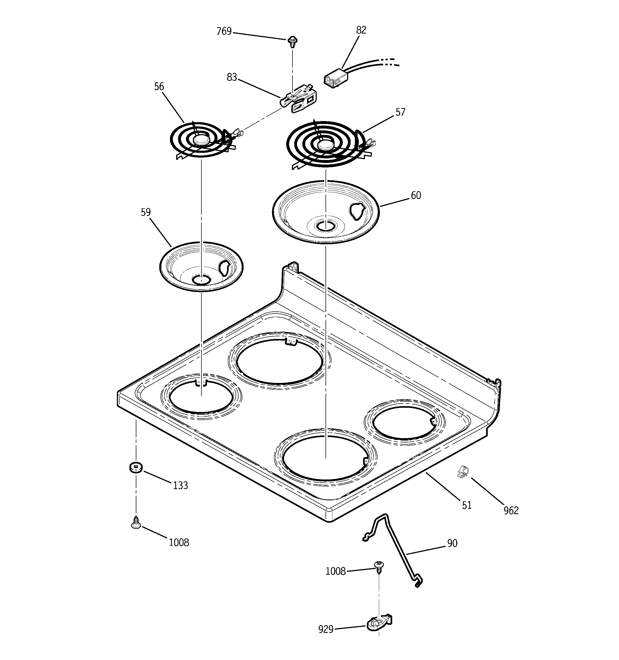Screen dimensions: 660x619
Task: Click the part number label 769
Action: (224, 31)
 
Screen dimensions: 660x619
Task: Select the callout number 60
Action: (416, 195)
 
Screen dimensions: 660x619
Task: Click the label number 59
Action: (145, 213)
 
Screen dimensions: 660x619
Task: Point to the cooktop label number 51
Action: (466, 505)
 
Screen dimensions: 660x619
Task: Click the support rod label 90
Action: (452, 543)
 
